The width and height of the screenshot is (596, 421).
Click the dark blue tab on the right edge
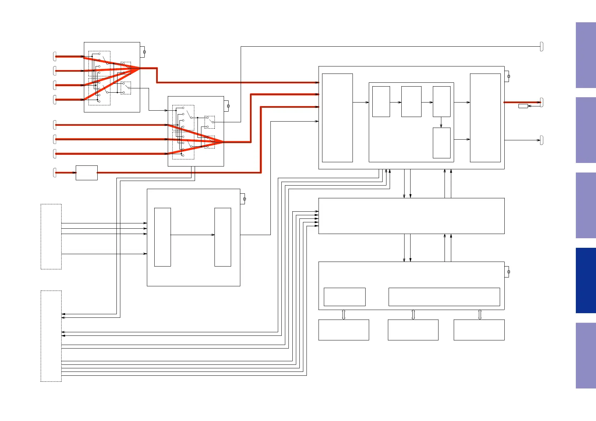coord(585,280)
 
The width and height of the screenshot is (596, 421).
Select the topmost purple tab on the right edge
coord(585,55)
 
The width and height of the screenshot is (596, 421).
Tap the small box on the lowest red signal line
coord(87,173)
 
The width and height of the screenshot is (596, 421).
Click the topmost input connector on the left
coord(55,56)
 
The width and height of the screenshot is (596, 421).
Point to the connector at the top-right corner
coord(541,46)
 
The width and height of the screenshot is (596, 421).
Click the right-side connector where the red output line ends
coord(541,102)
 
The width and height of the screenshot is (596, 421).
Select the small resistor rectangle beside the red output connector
coord(523,106)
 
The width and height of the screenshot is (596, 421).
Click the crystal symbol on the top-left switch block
coord(144,52)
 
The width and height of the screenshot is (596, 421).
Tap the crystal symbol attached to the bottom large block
coord(509,272)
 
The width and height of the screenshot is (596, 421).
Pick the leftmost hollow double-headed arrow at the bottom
coord(344,315)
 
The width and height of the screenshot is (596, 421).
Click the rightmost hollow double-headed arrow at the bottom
coord(480,315)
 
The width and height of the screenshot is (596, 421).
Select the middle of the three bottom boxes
coord(413,330)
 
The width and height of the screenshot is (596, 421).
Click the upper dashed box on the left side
coord(51,236)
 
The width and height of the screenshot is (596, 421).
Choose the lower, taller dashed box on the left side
coord(51,336)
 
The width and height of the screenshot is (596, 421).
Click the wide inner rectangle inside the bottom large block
coord(444,297)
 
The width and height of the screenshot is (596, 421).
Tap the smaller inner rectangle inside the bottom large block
coord(344,297)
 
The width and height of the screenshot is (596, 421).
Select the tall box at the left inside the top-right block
coord(337,118)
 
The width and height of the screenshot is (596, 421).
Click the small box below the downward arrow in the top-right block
coord(442,143)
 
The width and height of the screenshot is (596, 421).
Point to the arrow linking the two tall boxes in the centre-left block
coord(193,235)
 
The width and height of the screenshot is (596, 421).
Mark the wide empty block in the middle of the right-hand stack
coord(411,216)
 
